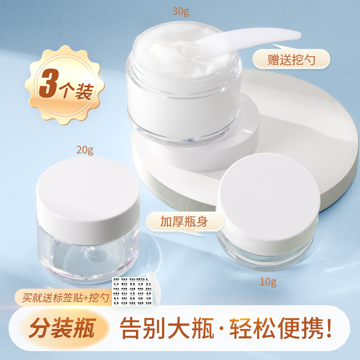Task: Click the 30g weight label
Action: [x=181, y=11]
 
